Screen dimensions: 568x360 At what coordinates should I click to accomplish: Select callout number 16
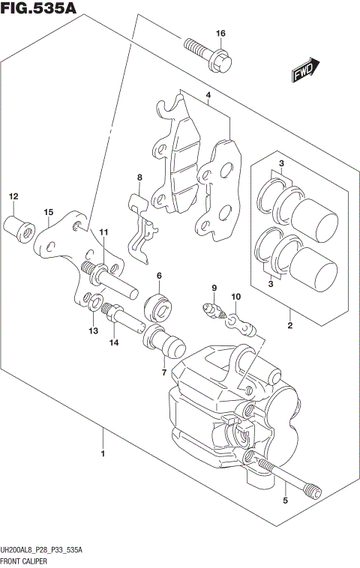coord(220,34)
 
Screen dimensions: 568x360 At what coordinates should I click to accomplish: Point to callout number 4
coord(208,96)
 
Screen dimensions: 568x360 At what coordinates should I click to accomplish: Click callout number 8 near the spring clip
coord(139,178)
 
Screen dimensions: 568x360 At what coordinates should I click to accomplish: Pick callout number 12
coord(13,196)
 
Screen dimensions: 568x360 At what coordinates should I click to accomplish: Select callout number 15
coord(47,213)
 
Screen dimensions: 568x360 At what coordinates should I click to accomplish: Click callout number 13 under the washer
coord(92,330)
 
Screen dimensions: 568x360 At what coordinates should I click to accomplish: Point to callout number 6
coord(159,277)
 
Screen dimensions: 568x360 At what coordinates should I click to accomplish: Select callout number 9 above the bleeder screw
coord(213,288)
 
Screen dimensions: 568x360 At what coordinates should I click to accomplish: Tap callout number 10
coord(235,297)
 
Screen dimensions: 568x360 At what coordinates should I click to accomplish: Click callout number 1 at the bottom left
coord(102,453)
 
